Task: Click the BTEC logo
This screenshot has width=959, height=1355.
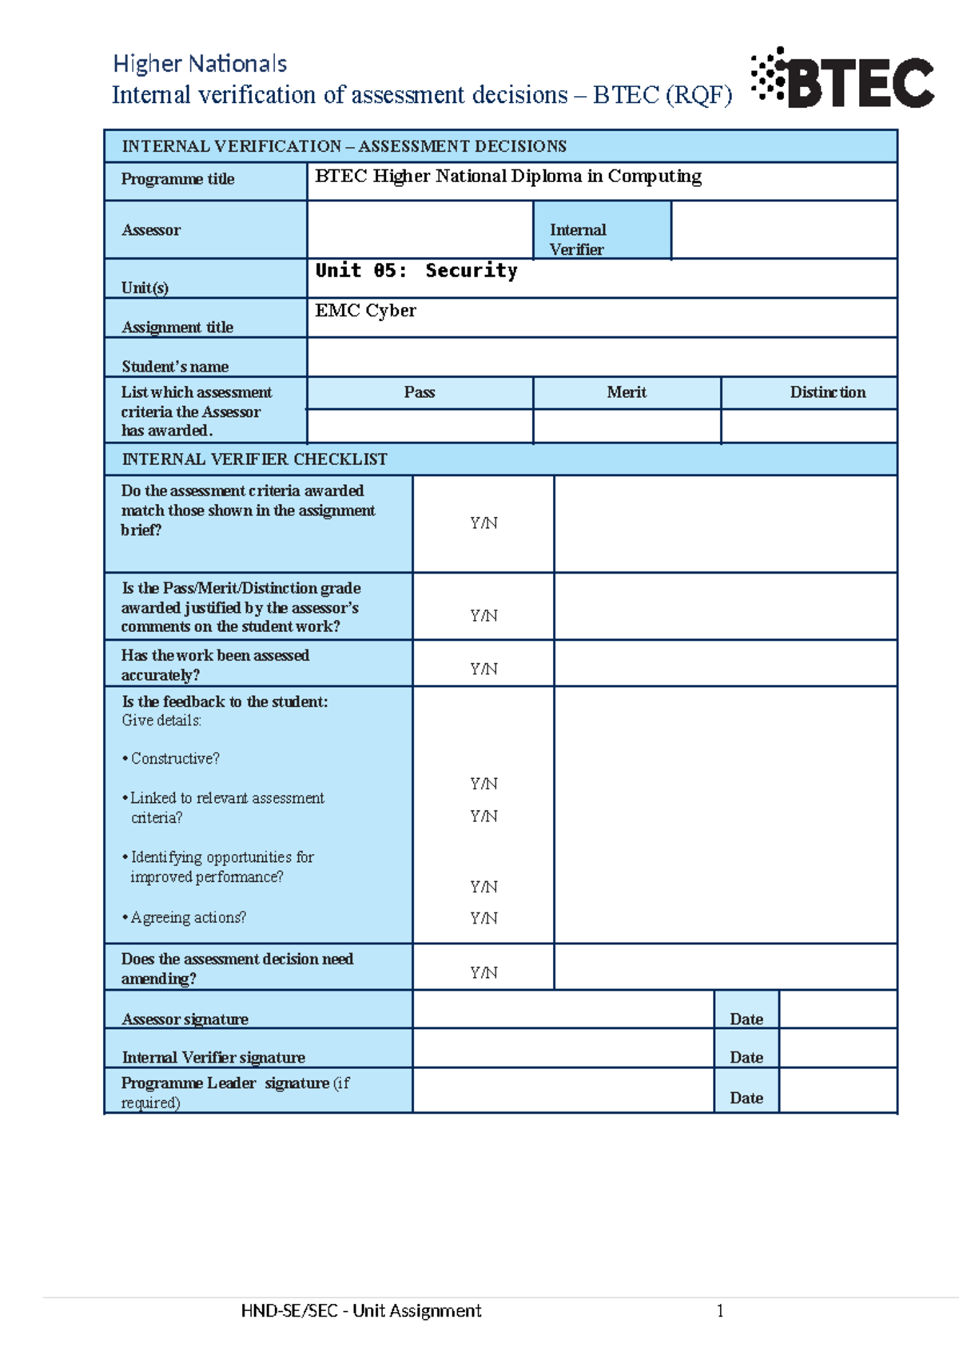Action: (843, 79)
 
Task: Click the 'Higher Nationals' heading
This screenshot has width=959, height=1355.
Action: (200, 64)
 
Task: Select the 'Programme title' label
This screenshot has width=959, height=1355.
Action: (177, 179)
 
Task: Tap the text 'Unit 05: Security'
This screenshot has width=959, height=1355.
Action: (416, 271)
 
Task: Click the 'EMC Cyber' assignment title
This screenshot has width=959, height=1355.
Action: (365, 311)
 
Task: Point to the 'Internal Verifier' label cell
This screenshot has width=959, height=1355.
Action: (578, 239)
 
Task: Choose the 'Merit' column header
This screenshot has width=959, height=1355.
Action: (627, 392)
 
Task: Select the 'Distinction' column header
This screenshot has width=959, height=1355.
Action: (827, 392)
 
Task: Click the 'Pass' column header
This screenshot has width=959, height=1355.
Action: (420, 392)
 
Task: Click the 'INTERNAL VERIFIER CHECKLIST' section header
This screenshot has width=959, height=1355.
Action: (254, 459)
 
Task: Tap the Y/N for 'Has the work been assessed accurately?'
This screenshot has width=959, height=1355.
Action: (483, 669)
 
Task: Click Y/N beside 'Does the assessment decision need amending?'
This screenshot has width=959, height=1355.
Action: (483, 972)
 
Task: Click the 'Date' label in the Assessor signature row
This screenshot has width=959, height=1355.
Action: (746, 1019)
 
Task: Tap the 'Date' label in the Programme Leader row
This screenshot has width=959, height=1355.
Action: (746, 1098)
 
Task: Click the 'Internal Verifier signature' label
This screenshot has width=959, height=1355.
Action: (213, 1057)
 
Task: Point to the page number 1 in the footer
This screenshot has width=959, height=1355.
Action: (720, 1310)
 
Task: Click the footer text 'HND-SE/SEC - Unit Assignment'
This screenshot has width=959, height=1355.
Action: (361, 1310)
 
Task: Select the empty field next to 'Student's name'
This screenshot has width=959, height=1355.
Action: (601, 357)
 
